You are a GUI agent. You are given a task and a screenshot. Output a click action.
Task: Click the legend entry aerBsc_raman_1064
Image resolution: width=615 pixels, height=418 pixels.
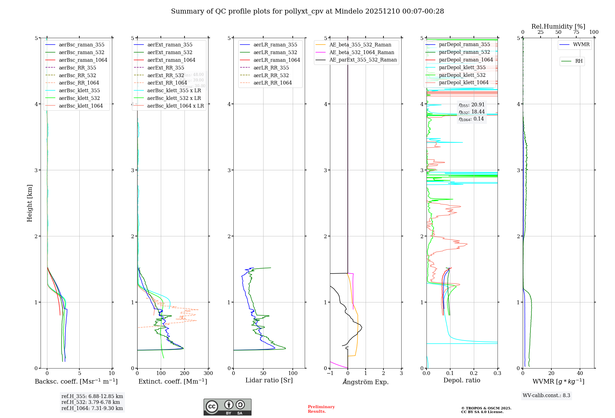click(83, 60)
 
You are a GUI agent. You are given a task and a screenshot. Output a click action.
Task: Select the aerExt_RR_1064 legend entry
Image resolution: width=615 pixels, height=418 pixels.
click(167, 83)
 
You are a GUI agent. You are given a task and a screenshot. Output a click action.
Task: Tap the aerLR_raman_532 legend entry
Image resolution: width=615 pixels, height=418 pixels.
click(275, 52)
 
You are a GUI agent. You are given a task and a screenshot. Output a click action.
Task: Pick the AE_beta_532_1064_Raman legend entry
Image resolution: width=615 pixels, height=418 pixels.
click(362, 52)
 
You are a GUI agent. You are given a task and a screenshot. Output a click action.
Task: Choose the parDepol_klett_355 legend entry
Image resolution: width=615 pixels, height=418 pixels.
click(462, 67)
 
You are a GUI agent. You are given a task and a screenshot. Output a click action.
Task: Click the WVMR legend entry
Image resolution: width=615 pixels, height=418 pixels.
click(581, 45)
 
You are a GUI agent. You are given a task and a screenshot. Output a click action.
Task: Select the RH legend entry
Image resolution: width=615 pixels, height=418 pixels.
click(579, 61)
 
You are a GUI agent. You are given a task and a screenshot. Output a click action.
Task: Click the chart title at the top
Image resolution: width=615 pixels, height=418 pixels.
click(307, 11)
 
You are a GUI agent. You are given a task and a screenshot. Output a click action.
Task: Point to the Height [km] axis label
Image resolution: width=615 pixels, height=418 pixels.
click(30, 203)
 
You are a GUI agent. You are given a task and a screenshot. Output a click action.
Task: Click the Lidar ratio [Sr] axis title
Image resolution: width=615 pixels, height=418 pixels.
click(269, 380)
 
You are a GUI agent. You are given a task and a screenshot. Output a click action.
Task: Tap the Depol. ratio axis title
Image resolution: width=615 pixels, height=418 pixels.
click(462, 380)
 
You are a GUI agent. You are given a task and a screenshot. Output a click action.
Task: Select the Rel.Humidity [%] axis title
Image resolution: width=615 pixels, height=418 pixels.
click(558, 26)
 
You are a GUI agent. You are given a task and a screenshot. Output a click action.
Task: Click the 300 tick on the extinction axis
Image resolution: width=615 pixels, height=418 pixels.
click(208, 373)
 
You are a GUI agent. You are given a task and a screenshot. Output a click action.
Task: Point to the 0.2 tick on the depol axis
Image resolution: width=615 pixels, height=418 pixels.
click(474, 373)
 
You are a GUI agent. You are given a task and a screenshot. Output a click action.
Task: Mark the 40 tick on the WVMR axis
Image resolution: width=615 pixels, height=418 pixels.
click(580, 373)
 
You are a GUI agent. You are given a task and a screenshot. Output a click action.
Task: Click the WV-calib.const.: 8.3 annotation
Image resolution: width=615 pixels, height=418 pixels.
click(546, 395)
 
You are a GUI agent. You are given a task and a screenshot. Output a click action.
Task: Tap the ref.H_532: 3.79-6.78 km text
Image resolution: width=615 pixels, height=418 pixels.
click(91, 402)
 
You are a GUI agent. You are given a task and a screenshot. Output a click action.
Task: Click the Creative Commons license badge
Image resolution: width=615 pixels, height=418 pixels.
click(227, 407)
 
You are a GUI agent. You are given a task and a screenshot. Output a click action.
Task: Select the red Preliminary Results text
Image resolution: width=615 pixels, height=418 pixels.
click(321, 409)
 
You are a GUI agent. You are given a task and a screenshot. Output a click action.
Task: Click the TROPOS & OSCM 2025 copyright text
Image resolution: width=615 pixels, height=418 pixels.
click(486, 408)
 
